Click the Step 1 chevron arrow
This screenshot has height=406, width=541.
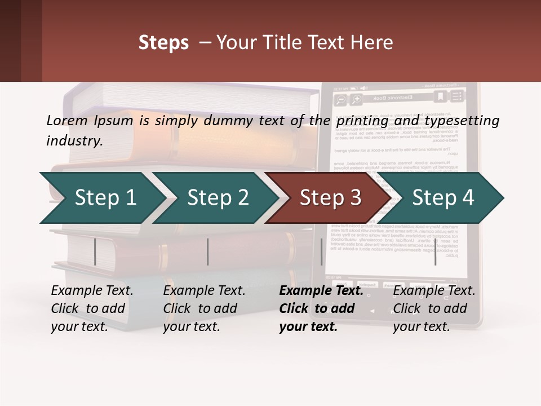[x=101, y=197]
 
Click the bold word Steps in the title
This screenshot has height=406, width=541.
[x=163, y=43]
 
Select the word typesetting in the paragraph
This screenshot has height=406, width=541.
[x=458, y=120]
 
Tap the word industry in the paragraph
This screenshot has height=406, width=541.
[x=74, y=141]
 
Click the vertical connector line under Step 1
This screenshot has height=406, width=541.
[x=95, y=251]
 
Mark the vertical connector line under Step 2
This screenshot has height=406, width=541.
[x=208, y=251]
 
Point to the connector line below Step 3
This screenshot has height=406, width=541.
[x=322, y=251]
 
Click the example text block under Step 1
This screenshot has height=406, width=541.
[x=92, y=308]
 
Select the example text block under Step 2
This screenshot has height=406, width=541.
[x=204, y=308]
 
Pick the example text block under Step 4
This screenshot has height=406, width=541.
[x=434, y=308]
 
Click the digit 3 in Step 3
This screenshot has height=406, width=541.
[x=354, y=197]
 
